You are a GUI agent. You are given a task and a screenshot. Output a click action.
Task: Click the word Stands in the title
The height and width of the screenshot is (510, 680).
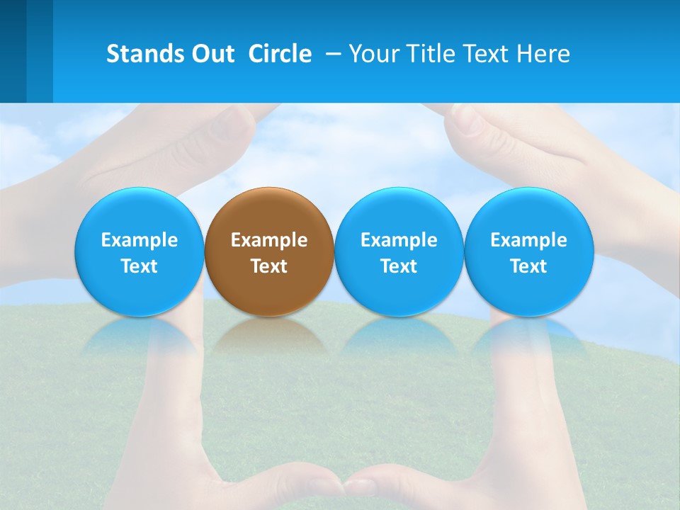(x=145, y=54)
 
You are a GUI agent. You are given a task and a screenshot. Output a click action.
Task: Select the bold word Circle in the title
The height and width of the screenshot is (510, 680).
(x=280, y=54)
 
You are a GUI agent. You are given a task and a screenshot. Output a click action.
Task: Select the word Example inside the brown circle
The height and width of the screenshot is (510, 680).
(x=269, y=240)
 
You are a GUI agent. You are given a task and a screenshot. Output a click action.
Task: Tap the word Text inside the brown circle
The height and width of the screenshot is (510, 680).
(x=269, y=266)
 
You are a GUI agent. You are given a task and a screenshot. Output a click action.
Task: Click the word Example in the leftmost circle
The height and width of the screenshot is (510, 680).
(x=140, y=240)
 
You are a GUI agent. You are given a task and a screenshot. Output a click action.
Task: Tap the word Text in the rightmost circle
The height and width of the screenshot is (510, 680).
(x=529, y=266)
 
